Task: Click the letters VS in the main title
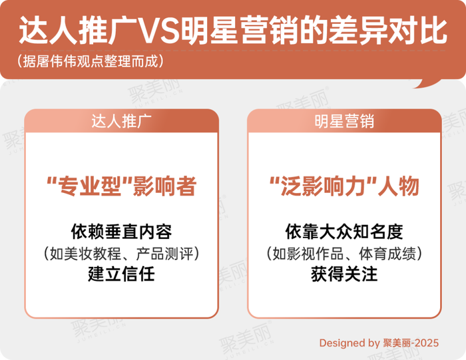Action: point(159,31)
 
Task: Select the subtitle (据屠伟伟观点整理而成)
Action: point(90,61)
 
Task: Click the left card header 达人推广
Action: point(121,121)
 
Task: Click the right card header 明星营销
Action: point(344,121)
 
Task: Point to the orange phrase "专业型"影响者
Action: point(122,186)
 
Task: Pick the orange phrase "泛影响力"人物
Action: point(344,186)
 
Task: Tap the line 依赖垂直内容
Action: point(121,232)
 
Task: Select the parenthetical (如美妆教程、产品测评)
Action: point(121,254)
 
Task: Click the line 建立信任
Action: point(121,274)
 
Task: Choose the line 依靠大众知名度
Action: point(344,232)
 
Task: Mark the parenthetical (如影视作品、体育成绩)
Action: point(344,254)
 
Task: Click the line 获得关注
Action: point(344,274)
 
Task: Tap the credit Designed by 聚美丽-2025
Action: point(379,343)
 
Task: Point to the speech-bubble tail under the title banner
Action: point(428,83)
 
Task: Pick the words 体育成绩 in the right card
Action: point(387,254)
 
